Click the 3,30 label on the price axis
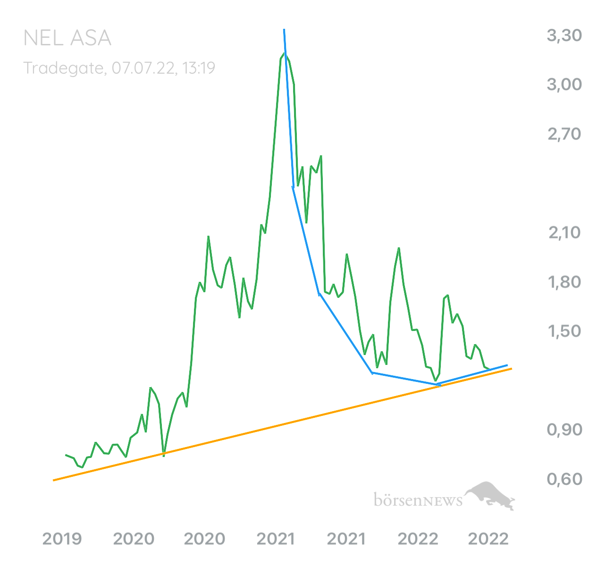coord(564,36)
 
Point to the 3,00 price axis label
coord(564,85)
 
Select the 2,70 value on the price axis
coord(564,135)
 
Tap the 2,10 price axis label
coord(564,233)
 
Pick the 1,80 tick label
coord(564,282)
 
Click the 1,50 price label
coord(564,331)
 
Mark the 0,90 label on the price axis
coord(564,430)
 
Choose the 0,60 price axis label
coord(564,480)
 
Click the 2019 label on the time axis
coord(62,539)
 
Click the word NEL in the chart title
coord(43,38)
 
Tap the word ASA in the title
coord(91,38)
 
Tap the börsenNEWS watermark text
coord(418,499)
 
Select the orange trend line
coord(282,424)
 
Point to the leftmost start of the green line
coord(66,455)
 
